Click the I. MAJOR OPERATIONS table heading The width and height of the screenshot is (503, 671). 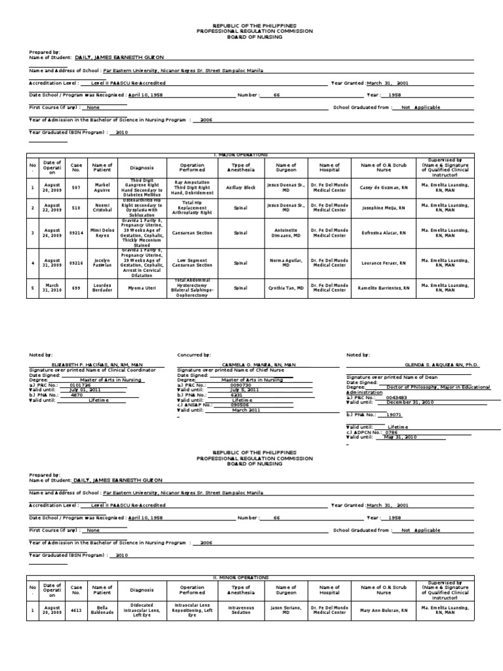[242, 155]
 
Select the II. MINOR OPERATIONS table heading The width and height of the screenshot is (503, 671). [242, 577]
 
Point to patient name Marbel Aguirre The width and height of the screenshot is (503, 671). [102, 187]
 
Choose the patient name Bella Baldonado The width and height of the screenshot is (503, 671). [102, 611]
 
